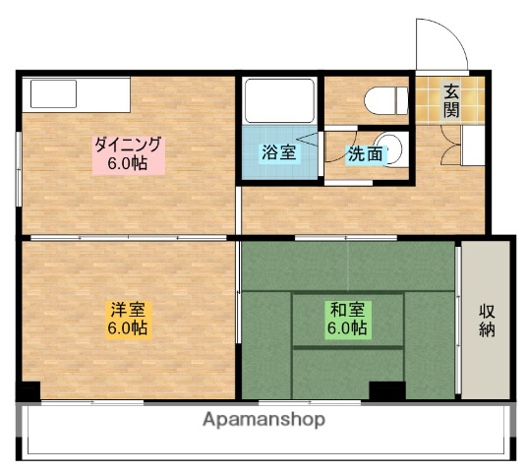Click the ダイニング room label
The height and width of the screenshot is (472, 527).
click(x=128, y=145)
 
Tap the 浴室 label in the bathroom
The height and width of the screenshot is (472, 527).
click(x=276, y=153)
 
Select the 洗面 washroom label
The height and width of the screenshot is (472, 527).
click(x=365, y=153)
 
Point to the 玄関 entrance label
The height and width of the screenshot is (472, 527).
click(x=450, y=99)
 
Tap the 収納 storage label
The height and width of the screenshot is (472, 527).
click(x=487, y=320)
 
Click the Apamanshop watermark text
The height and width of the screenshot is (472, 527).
click(x=263, y=420)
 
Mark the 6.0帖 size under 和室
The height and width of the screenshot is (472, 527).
click(x=347, y=327)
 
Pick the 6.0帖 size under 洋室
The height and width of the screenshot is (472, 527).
click(x=128, y=328)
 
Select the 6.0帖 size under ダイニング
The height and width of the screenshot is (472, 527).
click(x=128, y=163)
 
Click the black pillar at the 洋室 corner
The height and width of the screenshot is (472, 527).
click(x=29, y=389)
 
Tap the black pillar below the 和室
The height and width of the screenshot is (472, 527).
click(x=386, y=389)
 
